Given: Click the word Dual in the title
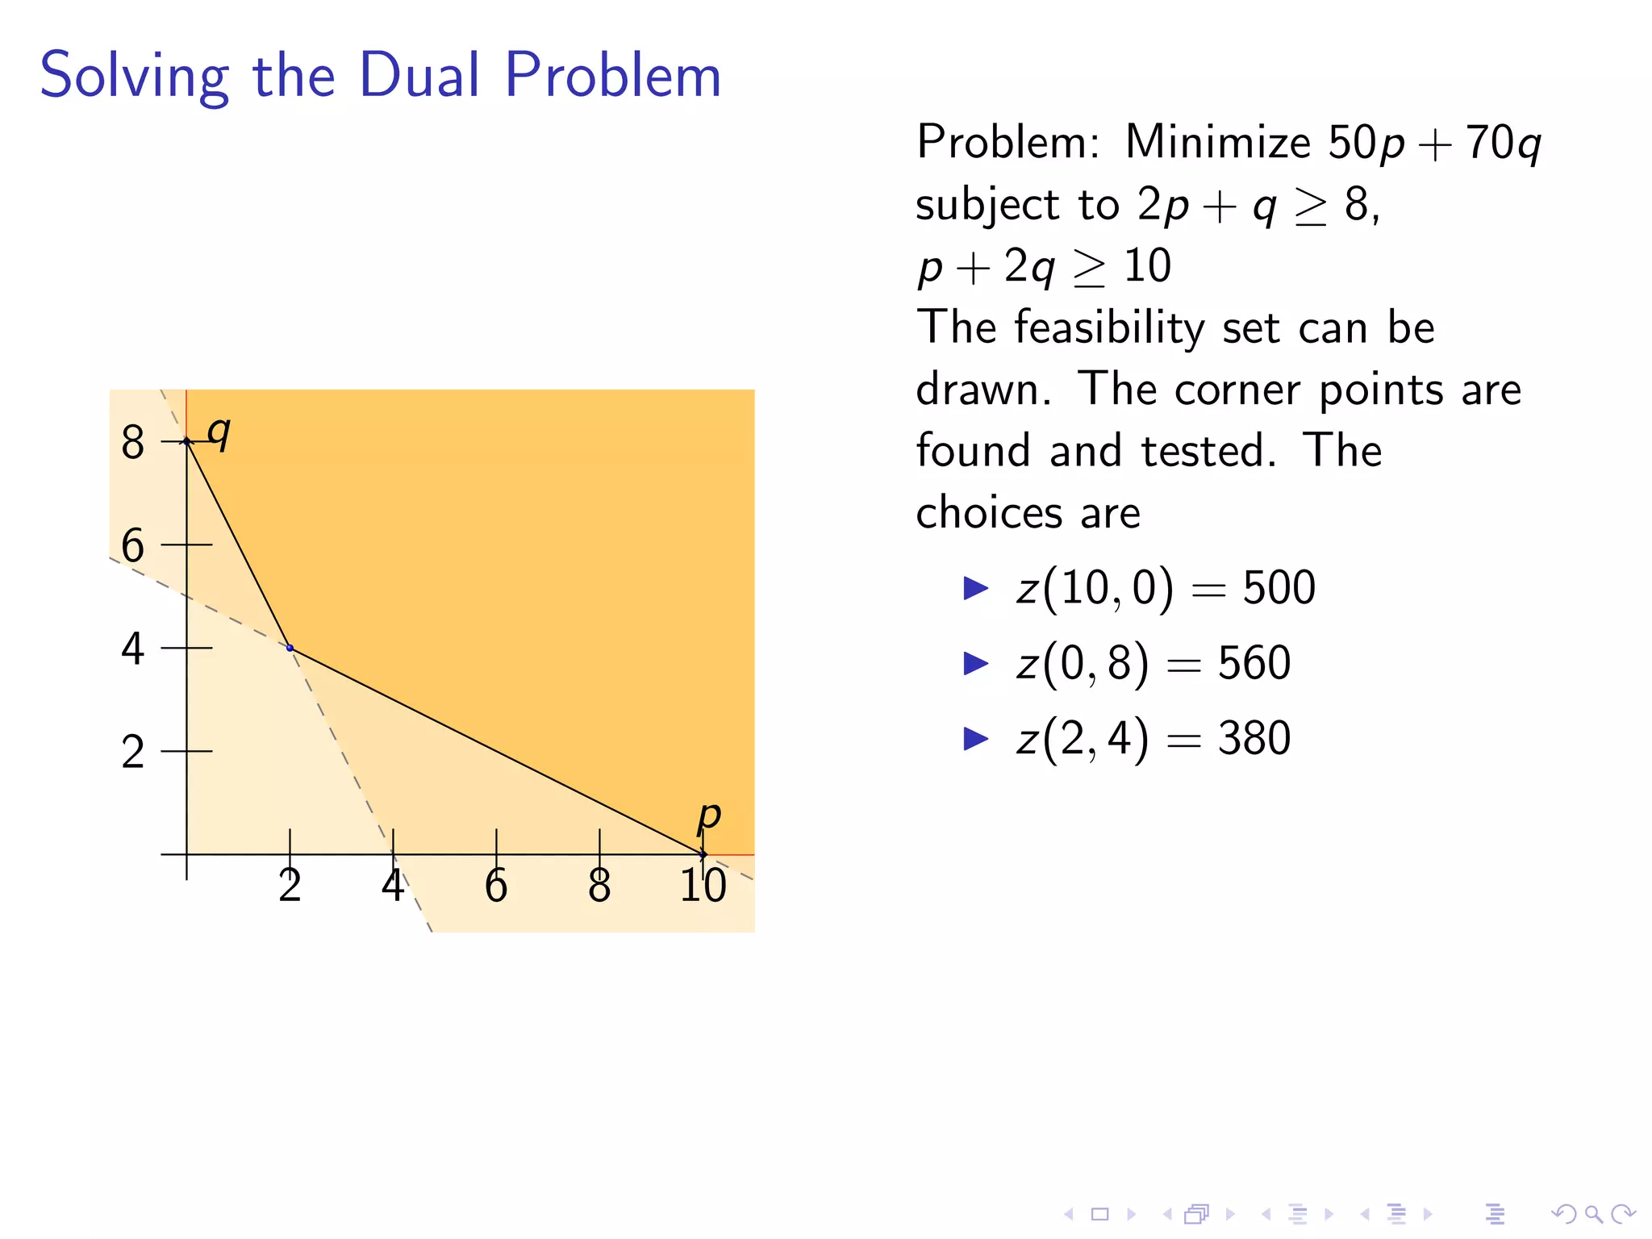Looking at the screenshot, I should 419,75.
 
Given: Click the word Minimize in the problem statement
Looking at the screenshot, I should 1218,142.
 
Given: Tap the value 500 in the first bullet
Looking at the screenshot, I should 1279,587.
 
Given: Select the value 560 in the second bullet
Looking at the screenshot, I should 1254,663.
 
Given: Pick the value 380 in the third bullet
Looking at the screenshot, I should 1254,738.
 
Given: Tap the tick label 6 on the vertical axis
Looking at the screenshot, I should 133,545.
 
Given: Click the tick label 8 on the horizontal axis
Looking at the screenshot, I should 599,886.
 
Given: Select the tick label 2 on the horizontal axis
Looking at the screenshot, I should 290,886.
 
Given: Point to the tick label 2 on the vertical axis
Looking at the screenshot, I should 133,752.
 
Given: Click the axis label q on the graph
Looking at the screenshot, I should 219,432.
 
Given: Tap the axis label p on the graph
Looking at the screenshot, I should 708,816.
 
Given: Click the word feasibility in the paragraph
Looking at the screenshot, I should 1109,327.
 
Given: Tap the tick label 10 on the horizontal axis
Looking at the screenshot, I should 703,886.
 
